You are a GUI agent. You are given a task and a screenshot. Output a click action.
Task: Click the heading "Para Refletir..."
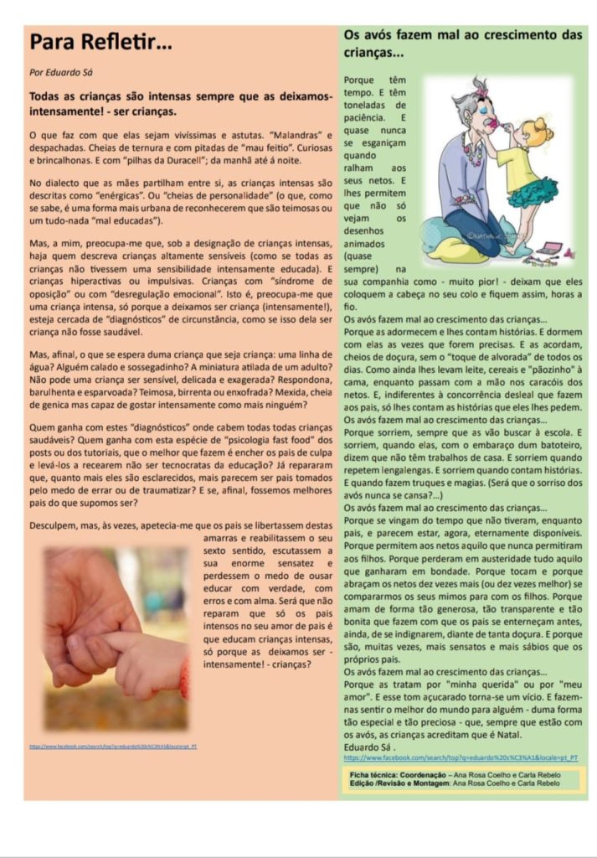(102, 42)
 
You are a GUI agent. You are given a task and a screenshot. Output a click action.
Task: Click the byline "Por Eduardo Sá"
(62, 73)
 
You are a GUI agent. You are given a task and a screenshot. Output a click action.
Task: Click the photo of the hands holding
(116, 637)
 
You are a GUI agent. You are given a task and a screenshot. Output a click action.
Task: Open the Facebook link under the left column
(113, 746)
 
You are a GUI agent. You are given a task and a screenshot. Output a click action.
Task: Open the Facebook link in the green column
(461, 757)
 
